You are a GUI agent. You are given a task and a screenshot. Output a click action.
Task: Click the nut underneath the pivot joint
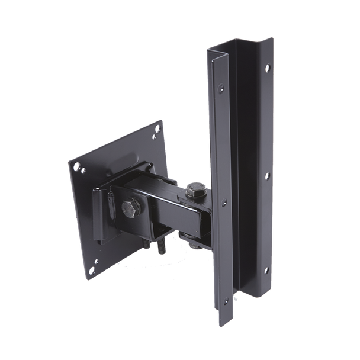(x=191, y=239)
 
